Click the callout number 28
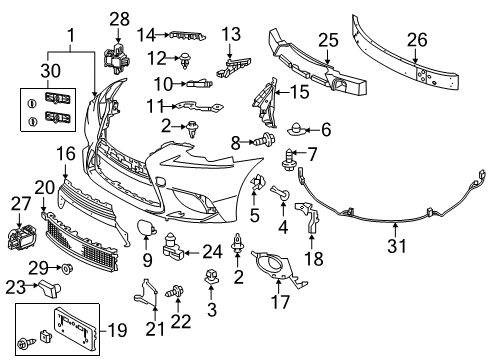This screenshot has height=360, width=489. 119,19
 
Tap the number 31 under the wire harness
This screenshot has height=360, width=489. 397,246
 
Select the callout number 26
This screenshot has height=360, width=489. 417,40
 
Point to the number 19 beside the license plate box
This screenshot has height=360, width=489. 117,330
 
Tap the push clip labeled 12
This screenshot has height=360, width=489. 184,60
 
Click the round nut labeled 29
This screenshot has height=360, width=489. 67,267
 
